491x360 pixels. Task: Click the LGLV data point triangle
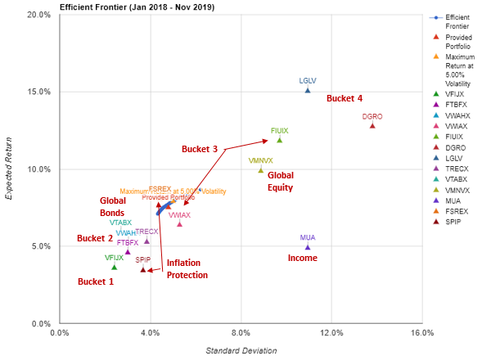[x=308, y=90]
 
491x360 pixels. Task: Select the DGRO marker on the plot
[x=372, y=125]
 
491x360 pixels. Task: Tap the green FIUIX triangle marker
[x=279, y=140]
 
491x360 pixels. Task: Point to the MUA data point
[x=308, y=246]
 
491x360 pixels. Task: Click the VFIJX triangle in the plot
[x=114, y=267]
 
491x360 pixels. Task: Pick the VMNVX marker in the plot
[x=261, y=170]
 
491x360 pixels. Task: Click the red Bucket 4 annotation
[x=345, y=99]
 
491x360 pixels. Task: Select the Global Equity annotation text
[x=280, y=181]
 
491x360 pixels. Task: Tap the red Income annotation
[x=302, y=258]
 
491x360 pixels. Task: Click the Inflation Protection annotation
[x=187, y=269]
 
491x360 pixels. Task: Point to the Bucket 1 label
[x=96, y=281]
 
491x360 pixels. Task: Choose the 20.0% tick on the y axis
[x=38, y=15]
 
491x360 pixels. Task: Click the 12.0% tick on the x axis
[x=331, y=332]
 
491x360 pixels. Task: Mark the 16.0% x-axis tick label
[x=421, y=332]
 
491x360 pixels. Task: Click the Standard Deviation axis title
[x=241, y=350]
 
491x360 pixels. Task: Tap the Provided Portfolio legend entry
[x=458, y=42]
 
